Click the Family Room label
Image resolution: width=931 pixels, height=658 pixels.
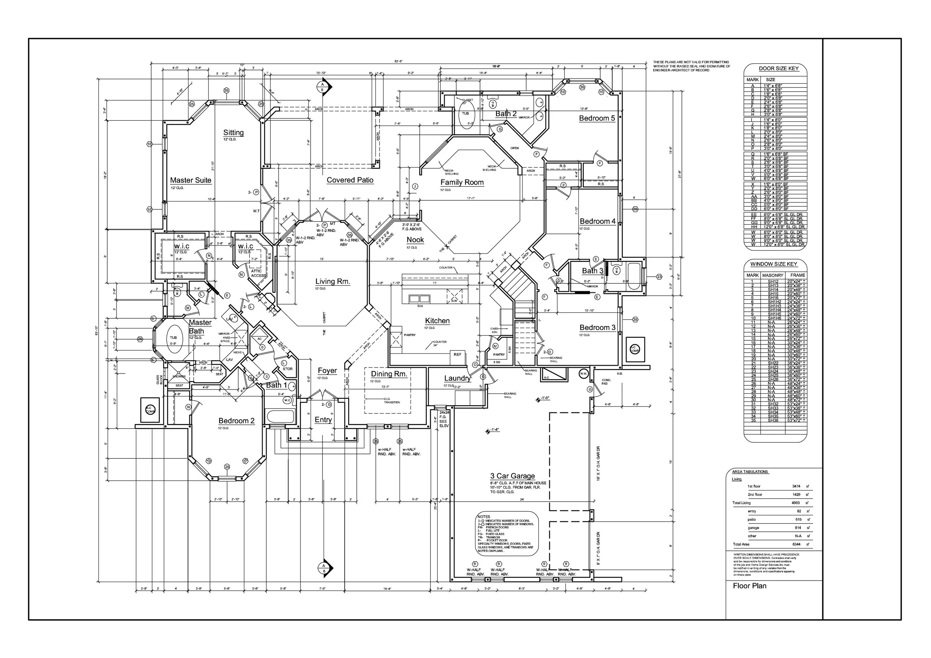(462, 182)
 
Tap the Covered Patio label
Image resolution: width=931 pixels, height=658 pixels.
(350, 180)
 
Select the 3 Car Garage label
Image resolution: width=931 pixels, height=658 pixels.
(512, 476)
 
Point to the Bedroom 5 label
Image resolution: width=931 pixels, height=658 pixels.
(597, 118)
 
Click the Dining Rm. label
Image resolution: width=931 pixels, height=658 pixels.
(389, 374)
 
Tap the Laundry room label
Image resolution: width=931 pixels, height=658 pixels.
(457, 378)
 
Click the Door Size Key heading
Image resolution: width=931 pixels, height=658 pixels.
(779, 69)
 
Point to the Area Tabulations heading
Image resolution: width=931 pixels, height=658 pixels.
(750, 472)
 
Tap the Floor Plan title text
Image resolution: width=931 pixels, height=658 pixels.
(749, 586)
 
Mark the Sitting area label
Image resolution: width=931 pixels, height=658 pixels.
(233, 133)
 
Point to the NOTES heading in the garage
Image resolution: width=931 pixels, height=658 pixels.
(484, 517)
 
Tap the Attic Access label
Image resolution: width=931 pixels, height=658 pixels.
(258, 273)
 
